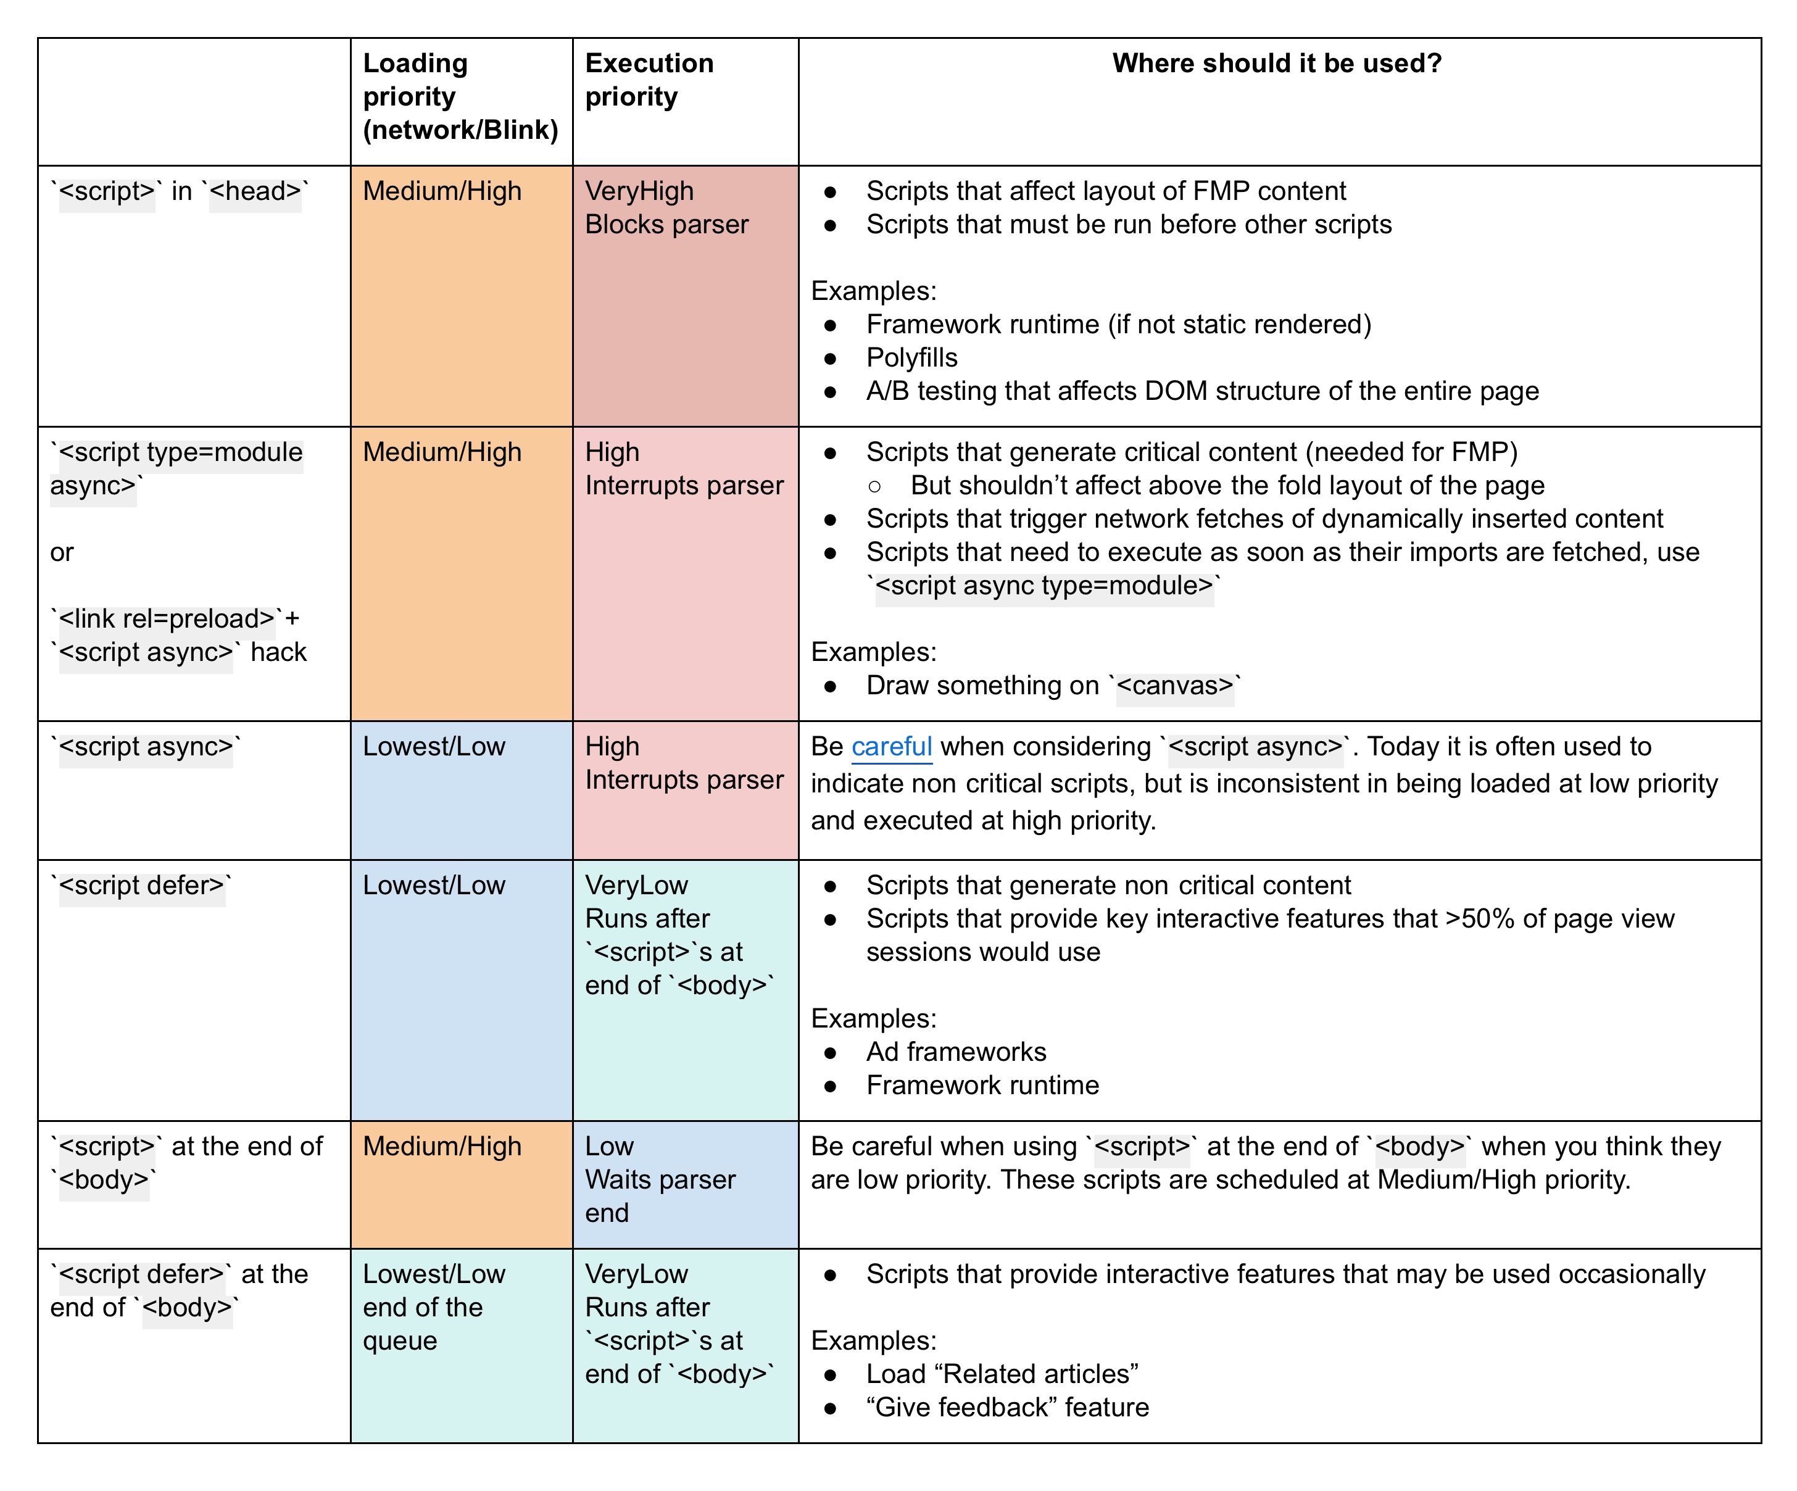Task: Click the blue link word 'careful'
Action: pyautogui.click(x=891, y=747)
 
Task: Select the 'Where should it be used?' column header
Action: pyautogui.click(x=1276, y=64)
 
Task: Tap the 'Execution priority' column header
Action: pyautogui.click(x=649, y=80)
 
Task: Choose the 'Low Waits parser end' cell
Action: pyautogui.click(x=660, y=1179)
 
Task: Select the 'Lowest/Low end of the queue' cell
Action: pyautogui.click(x=434, y=1307)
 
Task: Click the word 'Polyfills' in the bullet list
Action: pyautogui.click(x=911, y=358)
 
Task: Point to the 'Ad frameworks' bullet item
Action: pyautogui.click(x=956, y=1052)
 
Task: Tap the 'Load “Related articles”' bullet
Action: pyautogui.click(x=1001, y=1374)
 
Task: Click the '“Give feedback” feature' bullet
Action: pyautogui.click(x=1007, y=1407)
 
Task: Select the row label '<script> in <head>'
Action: pyautogui.click(x=180, y=191)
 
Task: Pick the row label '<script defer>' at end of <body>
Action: pyautogui.click(x=179, y=1290)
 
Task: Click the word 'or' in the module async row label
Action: pyautogui.click(x=62, y=553)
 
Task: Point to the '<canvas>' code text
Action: pyautogui.click(x=1175, y=686)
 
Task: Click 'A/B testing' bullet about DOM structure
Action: pyautogui.click(x=1201, y=391)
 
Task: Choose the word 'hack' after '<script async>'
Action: pyautogui.click(x=278, y=652)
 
